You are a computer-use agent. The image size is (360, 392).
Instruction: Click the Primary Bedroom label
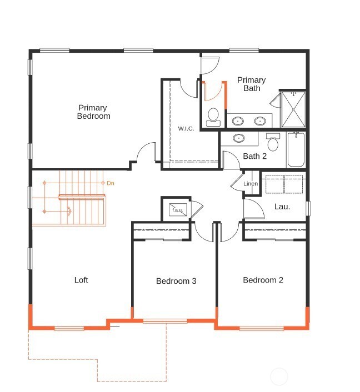tap(93, 112)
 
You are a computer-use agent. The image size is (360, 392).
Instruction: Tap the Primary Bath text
tap(251, 84)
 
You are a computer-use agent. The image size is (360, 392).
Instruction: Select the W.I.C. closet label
tap(186, 129)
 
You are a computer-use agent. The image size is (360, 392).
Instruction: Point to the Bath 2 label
tap(254, 156)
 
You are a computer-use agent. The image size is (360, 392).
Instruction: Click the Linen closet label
tap(251, 184)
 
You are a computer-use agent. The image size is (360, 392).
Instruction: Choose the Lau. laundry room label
tap(282, 207)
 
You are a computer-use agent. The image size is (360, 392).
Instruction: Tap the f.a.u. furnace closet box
tap(177, 210)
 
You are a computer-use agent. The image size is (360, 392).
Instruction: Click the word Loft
tap(81, 280)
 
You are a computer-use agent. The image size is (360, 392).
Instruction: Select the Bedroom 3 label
tap(176, 281)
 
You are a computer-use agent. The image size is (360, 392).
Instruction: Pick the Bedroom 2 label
tap(263, 280)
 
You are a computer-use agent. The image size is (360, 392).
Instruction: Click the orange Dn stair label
tap(111, 183)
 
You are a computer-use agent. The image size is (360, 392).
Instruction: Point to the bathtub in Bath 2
tap(296, 150)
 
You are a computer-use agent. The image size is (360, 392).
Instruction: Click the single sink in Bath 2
tap(238, 138)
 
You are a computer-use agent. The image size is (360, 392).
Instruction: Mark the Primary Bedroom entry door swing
tap(147, 152)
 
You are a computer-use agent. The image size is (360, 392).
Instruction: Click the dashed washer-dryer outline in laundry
tap(283, 184)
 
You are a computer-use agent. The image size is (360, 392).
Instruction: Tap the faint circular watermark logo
tap(279, 377)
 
